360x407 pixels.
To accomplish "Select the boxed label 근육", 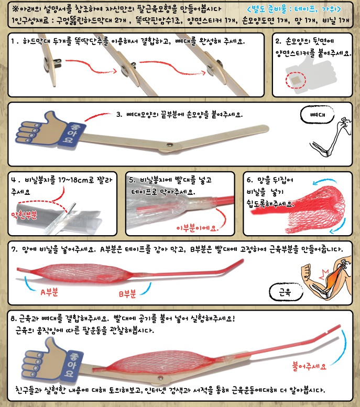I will [x=284, y=290].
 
